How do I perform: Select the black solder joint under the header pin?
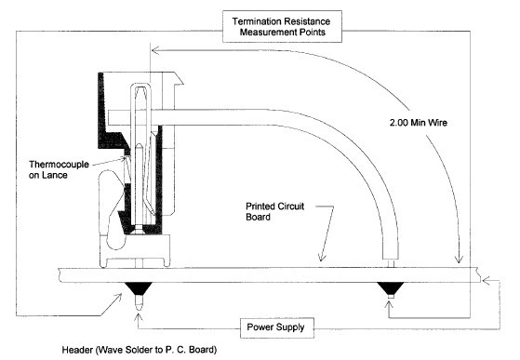[x=137, y=286]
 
